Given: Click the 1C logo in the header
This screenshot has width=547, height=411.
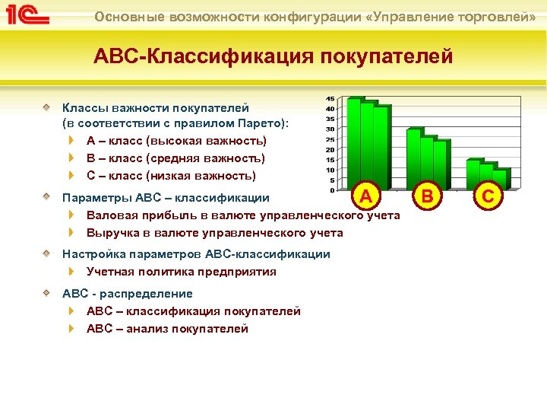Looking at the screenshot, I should click(27, 15).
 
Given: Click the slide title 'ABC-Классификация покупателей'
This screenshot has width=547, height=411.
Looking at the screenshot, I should click(273, 56).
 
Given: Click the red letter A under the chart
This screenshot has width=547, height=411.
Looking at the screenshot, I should click(365, 197).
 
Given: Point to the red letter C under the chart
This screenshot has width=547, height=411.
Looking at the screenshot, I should click(488, 197).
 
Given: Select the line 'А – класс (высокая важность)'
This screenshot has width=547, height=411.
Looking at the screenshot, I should click(176, 141).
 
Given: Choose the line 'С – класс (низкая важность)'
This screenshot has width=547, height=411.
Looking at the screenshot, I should click(171, 176).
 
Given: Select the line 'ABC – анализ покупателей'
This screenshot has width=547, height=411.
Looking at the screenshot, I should click(167, 329).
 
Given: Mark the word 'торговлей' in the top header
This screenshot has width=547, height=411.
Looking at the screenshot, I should click(498, 16).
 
